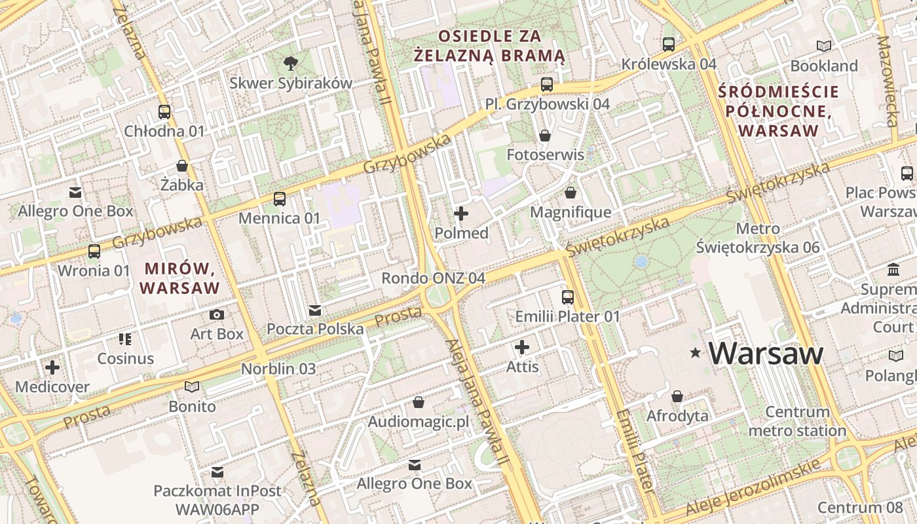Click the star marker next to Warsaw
coord(696,353)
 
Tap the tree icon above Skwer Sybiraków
coord(291,63)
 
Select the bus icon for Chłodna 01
coord(164,112)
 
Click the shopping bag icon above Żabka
coord(182,166)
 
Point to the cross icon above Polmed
coord(461,214)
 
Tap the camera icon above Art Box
coord(217,315)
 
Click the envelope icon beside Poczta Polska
coord(315,310)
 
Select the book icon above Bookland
coord(824,47)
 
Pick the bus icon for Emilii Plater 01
coord(568,297)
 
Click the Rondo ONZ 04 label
coord(433,278)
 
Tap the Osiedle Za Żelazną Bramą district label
coord(491,46)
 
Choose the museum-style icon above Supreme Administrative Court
coord(893,270)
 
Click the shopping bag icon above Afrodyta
coord(677,397)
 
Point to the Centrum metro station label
coord(797,421)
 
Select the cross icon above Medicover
coord(52,367)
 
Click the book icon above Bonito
coord(192,387)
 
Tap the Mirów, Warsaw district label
coord(179,278)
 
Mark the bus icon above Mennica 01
coord(280,198)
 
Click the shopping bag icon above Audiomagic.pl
coord(419,402)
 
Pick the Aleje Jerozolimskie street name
coord(753,488)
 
